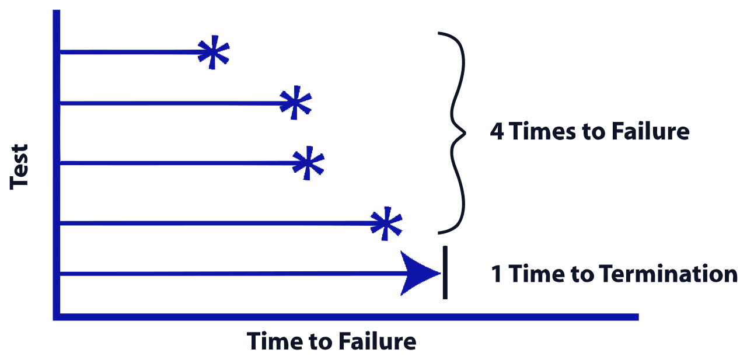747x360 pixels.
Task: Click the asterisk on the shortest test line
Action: pyautogui.click(x=214, y=53)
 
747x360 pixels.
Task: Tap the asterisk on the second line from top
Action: pyautogui.click(x=295, y=103)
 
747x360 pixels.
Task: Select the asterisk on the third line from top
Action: pyautogui.click(x=308, y=163)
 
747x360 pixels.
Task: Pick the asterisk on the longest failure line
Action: pyautogui.click(x=386, y=223)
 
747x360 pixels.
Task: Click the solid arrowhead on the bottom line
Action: pyautogui.click(x=418, y=273)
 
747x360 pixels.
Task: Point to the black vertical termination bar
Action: pyautogui.click(x=445, y=272)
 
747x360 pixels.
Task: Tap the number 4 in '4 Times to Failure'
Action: pyautogui.click(x=497, y=131)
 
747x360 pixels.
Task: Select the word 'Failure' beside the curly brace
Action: pyautogui.click(x=651, y=131)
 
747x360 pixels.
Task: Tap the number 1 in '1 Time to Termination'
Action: pyautogui.click(x=497, y=274)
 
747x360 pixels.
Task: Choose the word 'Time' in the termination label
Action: pyautogui.click(x=536, y=274)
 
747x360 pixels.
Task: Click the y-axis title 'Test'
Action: pyautogui.click(x=19, y=167)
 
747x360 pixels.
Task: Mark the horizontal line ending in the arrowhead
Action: pyautogui.click(x=233, y=274)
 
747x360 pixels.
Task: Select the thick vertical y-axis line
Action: pyautogui.click(x=57, y=165)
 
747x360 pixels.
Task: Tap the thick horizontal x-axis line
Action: pyautogui.click(x=346, y=317)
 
